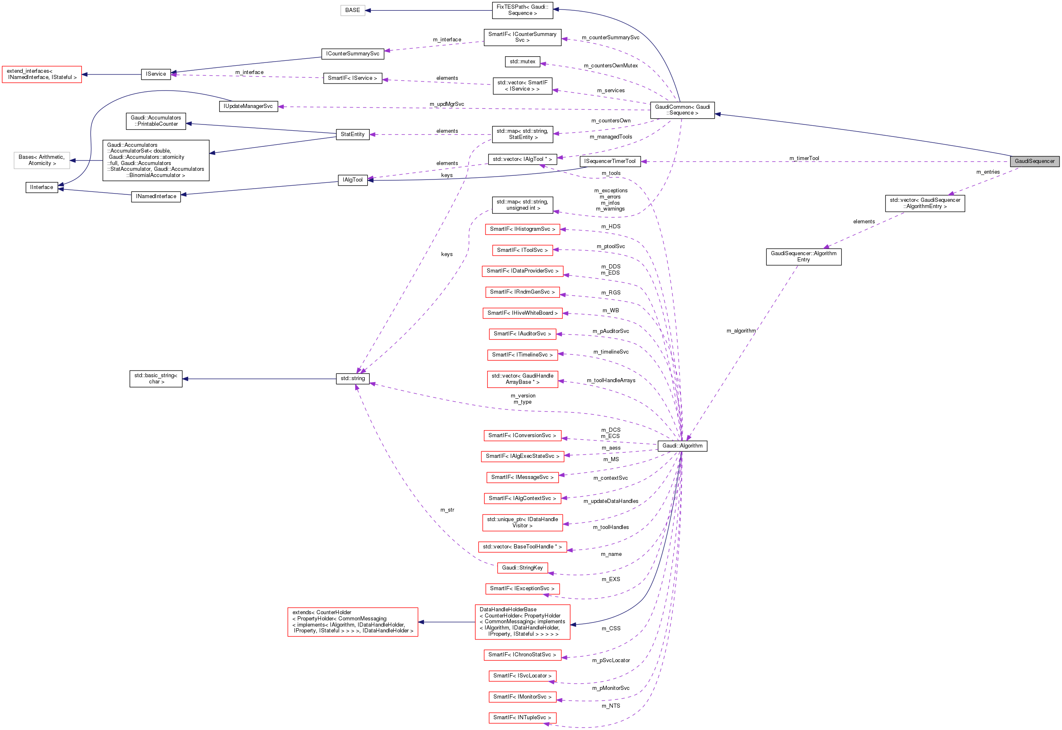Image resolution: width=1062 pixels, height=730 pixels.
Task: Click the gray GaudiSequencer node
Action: [x=1034, y=161]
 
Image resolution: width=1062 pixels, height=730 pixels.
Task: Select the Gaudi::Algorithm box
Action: [x=682, y=445]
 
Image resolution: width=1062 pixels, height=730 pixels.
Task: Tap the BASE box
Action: [x=352, y=10]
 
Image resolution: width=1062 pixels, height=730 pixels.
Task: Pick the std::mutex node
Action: [x=522, y=61]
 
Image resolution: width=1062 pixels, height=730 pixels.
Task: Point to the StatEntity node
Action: [x=352, y=134]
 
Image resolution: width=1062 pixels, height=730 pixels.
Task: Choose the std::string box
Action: [x=352, y=378]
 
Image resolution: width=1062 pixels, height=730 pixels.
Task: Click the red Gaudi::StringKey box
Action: [x=522, y=567]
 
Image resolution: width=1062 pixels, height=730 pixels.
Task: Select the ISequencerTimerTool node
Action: [x=610, y=161]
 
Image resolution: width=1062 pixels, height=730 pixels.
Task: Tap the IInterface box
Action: [x=42, y=187]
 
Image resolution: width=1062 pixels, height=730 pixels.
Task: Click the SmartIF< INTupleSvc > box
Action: [x=522, y=717]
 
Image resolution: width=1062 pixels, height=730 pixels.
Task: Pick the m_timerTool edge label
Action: [x=804, y=158]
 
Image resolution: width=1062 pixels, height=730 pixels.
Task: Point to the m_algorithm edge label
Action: [x=741, y=331]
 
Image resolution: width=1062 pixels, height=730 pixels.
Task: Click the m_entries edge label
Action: [x=988, y=172]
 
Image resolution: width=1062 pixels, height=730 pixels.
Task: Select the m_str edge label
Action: [x=447, y=510]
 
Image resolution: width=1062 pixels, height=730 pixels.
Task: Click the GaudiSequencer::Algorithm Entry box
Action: [x=803, y=256]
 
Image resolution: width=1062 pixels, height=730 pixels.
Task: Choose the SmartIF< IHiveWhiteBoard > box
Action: [x=522, y=313]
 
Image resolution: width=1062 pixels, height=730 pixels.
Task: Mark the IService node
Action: [x=155, y=74]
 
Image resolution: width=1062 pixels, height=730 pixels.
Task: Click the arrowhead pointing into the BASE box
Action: [x=368, y=10]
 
